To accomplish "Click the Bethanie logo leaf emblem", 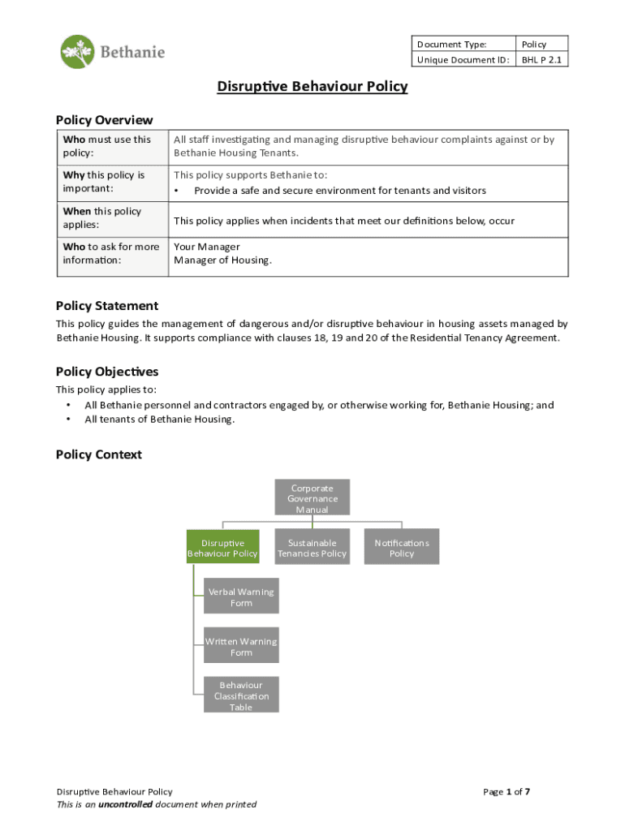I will pos(77,52).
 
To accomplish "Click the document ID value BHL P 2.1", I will pos(541,59).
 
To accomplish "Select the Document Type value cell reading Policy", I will pos(534,44).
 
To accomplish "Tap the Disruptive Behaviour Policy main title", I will pos(312,86).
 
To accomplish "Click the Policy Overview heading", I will pos(104,120).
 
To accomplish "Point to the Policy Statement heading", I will pos(107,306).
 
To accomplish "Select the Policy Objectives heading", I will pos(107,372).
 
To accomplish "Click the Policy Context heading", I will pos(98,454).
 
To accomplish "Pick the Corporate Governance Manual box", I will pos(312,498).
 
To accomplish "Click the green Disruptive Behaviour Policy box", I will pos(222,548).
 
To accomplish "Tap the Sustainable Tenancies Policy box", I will pos(312,548).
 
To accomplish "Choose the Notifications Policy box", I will pos(402,548).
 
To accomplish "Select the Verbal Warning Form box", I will pos(241,597).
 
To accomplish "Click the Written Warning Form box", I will pos(241,647).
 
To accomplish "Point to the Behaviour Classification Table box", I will pos(241,695).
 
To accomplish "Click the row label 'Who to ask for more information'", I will pos(111,253).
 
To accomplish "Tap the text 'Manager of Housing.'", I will pos(223,260).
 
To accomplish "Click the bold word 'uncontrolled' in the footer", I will pos(125,804).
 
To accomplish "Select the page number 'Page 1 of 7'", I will pos(506,791).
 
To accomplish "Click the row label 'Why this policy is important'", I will pos(104,182).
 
